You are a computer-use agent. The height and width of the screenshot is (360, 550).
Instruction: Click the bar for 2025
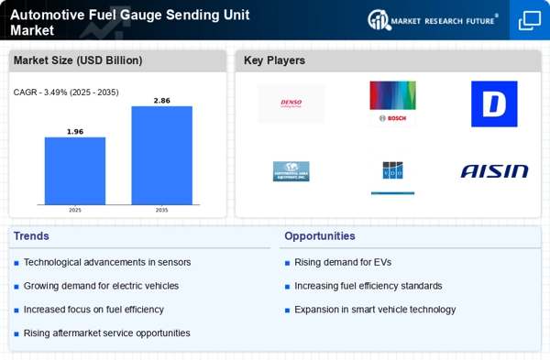pos(75,170)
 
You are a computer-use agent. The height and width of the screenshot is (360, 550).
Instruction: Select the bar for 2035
pos(161,155)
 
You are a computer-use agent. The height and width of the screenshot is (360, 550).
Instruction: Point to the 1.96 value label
pos(75,131)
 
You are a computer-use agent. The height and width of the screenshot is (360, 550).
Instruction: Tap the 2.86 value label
pos(161,100)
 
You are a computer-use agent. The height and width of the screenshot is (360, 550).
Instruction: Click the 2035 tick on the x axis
pos(161,210)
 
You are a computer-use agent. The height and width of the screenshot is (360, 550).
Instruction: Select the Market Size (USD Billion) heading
pos(77,60)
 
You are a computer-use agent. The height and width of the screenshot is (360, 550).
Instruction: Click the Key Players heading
pos(274,60)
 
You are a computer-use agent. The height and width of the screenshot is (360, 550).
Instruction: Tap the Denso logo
pos(291,104)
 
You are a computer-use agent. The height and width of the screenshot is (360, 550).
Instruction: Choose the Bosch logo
pos(392,103)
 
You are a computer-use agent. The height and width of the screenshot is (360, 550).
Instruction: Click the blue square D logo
pos(494,104)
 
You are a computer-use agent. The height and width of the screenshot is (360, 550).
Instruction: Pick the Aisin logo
pos(494,171)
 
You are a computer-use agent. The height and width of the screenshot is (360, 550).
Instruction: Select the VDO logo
pos(392,171)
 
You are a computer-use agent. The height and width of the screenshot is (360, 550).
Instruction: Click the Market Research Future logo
pos(434,19)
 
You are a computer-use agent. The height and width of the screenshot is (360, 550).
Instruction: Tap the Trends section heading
pos(31,236)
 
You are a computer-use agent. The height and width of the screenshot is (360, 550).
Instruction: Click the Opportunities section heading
pos(319,236)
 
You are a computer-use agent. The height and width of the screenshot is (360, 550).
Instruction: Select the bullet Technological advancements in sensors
pos(107,262)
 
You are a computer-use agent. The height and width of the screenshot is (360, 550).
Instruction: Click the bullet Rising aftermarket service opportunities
pos(107,333)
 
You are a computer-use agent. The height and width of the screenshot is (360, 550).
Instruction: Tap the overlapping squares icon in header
pos(530,20)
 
